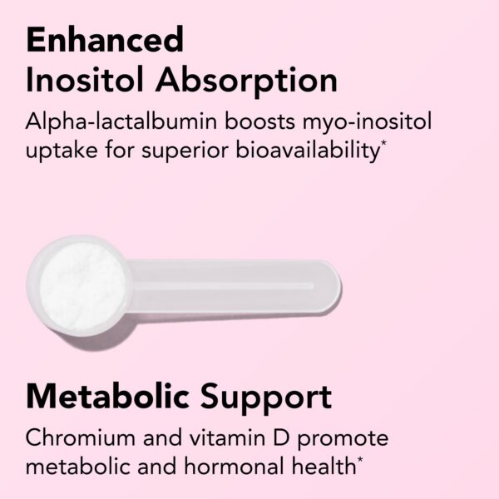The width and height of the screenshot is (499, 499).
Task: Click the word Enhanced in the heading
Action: [x=105, y=39]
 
